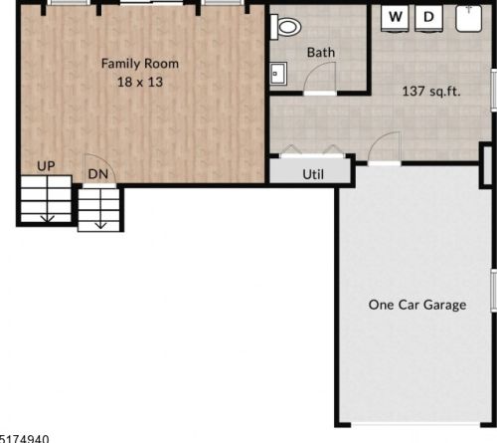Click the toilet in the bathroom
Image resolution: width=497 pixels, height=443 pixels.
[x=288, y=27]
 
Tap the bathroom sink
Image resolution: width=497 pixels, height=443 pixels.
[x=277, y=74]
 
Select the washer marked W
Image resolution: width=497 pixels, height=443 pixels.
[x=396, y=18]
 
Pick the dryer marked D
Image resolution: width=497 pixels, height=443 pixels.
[x=429, y=18]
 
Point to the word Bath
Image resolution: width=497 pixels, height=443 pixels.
[x=320, y=52]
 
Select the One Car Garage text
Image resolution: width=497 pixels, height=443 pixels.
[x=416, y=305]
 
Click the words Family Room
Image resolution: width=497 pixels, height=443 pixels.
[x=140, y=63]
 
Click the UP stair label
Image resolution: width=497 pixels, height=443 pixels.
[x=46, y=165]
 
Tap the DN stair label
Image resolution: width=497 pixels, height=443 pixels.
[x=97, y=173]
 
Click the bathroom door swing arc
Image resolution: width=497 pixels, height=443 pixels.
[x=321, y=77]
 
